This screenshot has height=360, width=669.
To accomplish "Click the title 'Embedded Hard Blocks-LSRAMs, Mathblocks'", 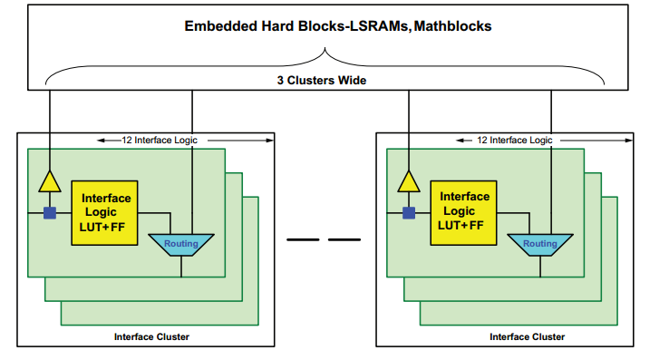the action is point(338,26).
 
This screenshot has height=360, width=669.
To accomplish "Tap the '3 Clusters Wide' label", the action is point(322,81).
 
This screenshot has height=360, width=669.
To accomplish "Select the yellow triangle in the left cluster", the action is point(50,181).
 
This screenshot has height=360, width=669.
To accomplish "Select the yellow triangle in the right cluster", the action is point(409,181).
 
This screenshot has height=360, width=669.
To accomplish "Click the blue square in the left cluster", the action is point(50,213).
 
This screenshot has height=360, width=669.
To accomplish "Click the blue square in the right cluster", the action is point(409,213).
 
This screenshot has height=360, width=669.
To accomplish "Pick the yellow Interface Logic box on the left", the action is point(104,213).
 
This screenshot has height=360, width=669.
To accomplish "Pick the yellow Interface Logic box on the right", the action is point(463,213).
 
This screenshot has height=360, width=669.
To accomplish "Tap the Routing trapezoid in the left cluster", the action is point(181,245).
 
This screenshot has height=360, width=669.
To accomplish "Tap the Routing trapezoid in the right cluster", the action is point(540,245).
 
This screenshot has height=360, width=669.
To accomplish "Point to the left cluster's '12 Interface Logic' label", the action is point(160,140).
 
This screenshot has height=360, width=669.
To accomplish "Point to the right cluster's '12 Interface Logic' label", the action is point(515,140).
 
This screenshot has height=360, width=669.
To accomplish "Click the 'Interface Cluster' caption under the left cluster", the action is point(151,337).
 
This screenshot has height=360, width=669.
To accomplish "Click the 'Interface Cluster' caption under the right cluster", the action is point(527,337).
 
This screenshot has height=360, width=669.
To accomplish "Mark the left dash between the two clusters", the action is point(303,239).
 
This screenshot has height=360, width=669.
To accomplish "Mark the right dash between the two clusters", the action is point(344,239).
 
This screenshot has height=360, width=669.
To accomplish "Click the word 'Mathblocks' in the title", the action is point(452,26).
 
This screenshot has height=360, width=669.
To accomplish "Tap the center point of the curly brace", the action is point(325,48).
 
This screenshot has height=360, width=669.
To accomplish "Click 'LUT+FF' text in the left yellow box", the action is point(102,228).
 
